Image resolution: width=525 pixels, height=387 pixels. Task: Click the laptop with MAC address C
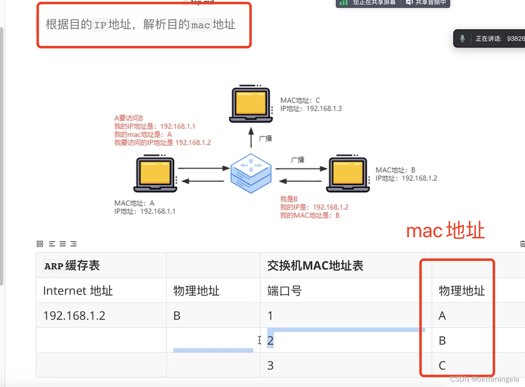coord(250,104)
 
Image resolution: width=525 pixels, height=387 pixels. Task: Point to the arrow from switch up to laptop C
coord(251,137)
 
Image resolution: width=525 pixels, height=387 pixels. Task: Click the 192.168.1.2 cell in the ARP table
coord(74,315)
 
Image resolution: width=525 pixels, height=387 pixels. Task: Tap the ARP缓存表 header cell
coord(72,265)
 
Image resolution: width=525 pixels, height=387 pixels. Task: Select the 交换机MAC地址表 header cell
coord(315,265)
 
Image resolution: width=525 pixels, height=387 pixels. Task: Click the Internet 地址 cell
coord(78,290)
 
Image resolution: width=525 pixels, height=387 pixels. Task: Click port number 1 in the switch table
coord(270,315)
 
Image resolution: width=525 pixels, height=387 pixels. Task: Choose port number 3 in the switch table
coord(270,365)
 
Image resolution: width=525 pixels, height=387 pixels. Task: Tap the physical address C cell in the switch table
coord(442,365)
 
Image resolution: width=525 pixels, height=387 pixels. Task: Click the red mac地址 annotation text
coord(445,231)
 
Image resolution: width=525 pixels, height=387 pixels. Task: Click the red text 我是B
coord(289,199)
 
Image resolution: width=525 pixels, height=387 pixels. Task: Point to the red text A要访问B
coord(129,118)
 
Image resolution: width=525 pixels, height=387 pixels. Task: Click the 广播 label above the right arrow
coord(297,160)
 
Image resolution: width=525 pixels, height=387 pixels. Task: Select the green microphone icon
coord(462,39)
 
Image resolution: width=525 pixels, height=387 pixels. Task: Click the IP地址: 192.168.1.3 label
coord(311,109)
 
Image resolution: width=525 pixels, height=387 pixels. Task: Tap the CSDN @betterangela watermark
coord(484,379)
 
